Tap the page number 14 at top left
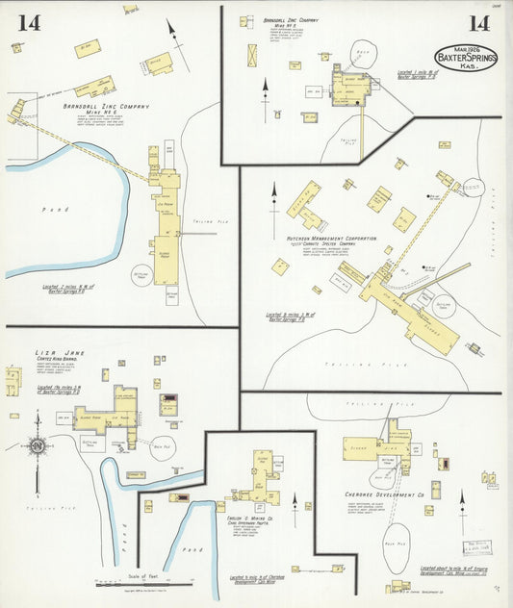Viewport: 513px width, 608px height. point(28,23)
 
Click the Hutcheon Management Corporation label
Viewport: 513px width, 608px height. point(331,237)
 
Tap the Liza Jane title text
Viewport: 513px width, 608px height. point(61,353)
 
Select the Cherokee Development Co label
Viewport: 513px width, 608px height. point(378,494)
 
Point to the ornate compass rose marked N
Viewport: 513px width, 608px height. point(37,446)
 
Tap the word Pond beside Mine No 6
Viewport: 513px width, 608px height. point(53,208)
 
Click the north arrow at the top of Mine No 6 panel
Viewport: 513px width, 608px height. point(172,31)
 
